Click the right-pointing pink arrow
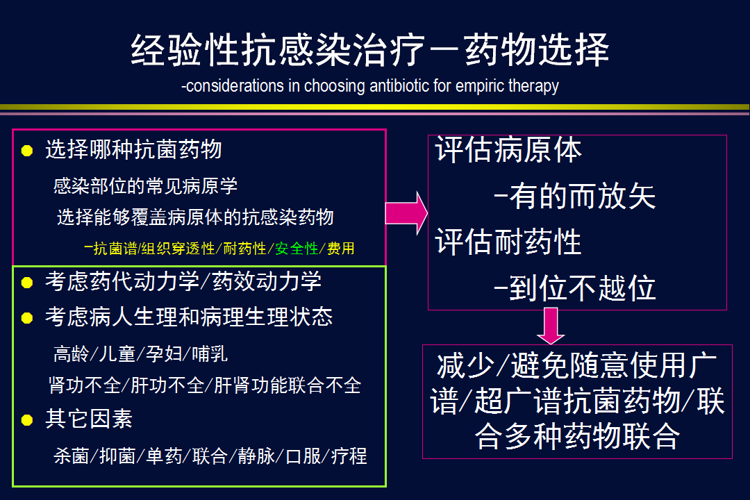pos(406,213)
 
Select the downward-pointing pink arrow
pos(551,326)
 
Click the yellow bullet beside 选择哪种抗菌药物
pos(27,151)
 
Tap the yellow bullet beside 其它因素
pos(27,420)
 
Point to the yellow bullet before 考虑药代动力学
pos(27,283)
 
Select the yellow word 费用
pos(340,249)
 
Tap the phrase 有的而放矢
pos(582,196)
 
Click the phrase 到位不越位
pos(582,288)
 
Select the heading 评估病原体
pos(508,150)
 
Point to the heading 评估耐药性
pos(508,242)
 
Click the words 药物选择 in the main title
pos(536,50)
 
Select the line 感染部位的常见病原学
pos(145,185)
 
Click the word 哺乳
pos(210,354)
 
